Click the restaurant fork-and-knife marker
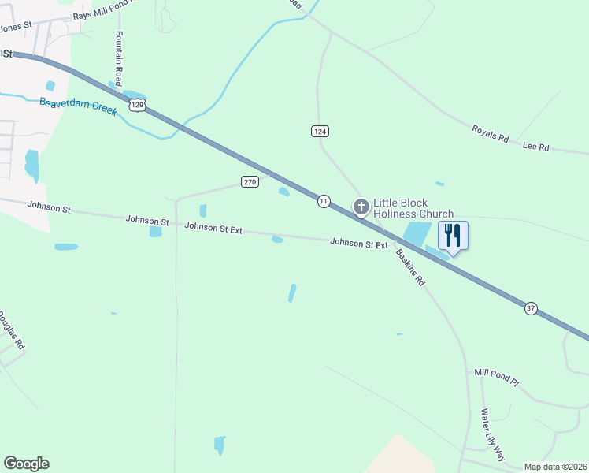(x=453, y=235)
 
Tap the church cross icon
(x=361, y=207)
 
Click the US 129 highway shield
(x=137, y=104)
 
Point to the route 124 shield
(x=319, y=131)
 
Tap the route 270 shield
(x=250, y=182)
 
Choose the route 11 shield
(x=324, y=202)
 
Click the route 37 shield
(x=531, y=309)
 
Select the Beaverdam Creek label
(x=78, y=106)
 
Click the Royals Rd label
(x=491, y=132)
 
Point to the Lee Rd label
(x=535, y=147)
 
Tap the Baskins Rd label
(x=410, y=267)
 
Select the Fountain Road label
(x=119, y=59)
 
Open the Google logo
(x=26, y=464)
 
